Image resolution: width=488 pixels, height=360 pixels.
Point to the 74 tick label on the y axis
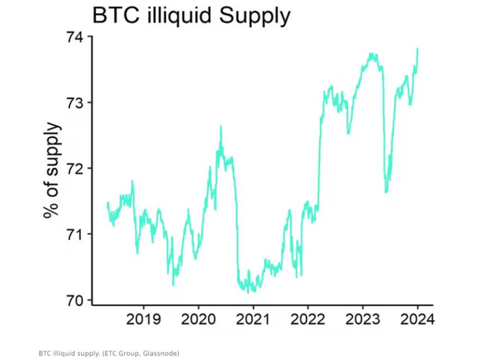(74, 37)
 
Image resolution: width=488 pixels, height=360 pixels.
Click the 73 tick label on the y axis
(74, 103)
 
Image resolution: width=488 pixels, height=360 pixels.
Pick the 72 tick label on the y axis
(74, 168)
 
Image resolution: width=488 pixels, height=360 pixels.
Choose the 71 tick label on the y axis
(74, 234)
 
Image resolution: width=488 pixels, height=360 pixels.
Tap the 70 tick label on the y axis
(74, 300)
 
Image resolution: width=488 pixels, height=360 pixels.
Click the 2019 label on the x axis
(144, 319)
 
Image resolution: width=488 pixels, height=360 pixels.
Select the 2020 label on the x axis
(198, 319)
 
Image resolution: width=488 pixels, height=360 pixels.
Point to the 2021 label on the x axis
(253, 319)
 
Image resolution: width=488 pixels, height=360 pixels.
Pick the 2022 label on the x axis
(308, 319)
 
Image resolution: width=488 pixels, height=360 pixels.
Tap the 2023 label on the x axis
(362, 319)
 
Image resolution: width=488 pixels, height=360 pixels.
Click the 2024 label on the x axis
(417, 319)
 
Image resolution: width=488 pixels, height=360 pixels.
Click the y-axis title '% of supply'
(52, 170)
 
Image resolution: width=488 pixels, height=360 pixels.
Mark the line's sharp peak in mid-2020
(220, 126)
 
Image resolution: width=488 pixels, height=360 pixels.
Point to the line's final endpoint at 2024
(418, 49)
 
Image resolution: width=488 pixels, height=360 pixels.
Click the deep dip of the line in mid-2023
(386, 192)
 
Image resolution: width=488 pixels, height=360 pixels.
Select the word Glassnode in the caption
(158, 353)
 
